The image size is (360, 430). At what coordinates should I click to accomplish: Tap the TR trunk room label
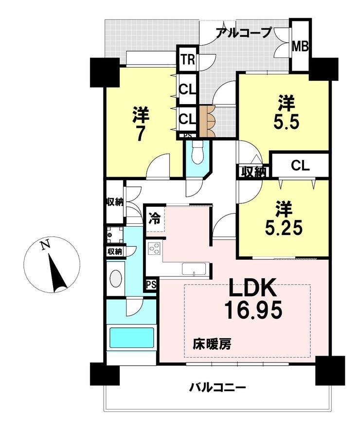tap(188, 60)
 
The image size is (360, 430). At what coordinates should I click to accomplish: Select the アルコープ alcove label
tap(243, 33)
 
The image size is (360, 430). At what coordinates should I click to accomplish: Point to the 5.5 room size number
tap(286, 123)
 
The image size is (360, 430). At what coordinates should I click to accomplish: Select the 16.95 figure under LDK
tap(253, 310)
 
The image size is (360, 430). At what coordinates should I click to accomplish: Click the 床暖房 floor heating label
tap(212, 344)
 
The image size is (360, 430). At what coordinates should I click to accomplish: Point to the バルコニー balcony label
tap(217, 388)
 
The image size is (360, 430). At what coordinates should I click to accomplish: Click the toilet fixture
tap(197, 152)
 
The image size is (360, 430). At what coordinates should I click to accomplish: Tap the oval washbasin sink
tap(116, 279)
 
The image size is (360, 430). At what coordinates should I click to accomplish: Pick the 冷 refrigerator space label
tap(154, 218)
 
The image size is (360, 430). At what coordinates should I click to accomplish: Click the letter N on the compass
tap(45, 245)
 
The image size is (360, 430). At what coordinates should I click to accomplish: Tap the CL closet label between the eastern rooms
tap(300, 166)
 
